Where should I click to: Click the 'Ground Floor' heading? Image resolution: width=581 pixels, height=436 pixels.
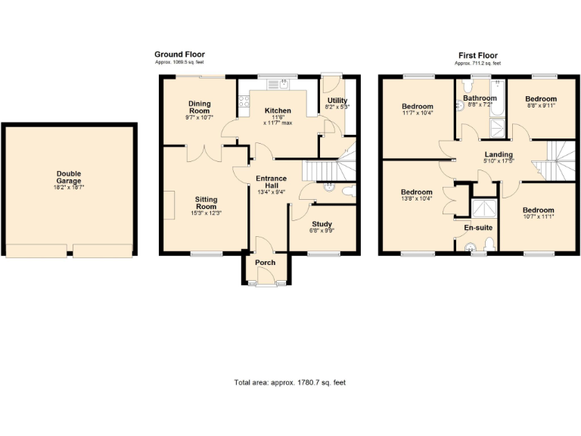coord(179,54)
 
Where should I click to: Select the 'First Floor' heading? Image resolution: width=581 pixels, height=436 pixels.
coord(478,55)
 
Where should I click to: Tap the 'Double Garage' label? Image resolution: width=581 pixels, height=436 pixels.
coord(68,173)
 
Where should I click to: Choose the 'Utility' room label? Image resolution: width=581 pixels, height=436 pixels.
coord(337,100)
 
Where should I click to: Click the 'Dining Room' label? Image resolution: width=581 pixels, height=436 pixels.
coord(200,107)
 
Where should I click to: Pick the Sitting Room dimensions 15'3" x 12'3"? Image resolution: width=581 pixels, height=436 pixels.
coord(207,213)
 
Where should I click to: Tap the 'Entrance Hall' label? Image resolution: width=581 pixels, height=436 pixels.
coord(270,183)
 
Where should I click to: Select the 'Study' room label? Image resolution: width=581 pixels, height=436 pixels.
coord(322,223)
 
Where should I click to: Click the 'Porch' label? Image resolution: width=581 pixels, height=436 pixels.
coord(265,263)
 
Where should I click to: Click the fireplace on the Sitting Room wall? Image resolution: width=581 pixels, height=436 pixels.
coord(169,205)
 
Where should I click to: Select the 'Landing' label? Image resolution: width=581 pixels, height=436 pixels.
coord(499,154)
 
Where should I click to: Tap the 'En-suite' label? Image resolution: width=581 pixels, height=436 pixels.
coord(477,227)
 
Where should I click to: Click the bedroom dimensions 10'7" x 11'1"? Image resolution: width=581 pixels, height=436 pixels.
coord(537,217)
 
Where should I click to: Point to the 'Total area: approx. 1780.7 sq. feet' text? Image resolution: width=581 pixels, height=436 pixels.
coord(290,383)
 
